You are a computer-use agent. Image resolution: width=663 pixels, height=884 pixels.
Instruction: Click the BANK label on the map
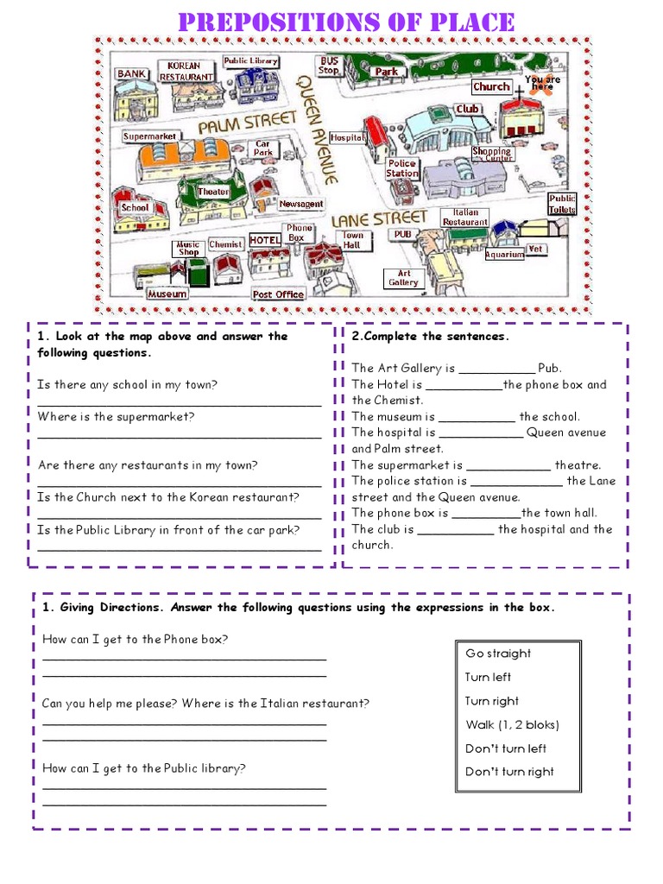131,74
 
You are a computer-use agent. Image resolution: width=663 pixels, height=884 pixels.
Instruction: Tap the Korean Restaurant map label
186,71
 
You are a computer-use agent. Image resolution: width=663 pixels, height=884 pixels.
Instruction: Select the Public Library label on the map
250,61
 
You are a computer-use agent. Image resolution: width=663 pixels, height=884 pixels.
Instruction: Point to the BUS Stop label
330,66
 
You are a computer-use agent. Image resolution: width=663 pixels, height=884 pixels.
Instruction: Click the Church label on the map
491,86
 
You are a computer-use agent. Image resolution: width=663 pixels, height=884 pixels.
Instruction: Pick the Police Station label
401,168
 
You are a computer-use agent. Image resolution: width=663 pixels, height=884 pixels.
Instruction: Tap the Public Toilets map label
562,204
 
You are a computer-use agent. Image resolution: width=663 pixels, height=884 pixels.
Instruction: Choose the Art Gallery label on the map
402,278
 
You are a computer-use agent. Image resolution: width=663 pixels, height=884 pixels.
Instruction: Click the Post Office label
278,294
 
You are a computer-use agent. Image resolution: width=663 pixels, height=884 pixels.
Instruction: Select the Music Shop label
188,249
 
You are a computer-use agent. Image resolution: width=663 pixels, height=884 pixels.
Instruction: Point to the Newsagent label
301,205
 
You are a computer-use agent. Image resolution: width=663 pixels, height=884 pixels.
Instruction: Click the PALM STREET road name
236,124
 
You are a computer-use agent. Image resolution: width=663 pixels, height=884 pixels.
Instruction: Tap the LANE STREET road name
379,218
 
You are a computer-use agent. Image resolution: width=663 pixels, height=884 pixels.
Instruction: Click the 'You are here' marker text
542,83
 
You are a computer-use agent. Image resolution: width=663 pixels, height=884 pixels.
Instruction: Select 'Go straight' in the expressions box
498,654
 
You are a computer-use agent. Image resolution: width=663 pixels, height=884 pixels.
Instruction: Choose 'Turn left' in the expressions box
488,677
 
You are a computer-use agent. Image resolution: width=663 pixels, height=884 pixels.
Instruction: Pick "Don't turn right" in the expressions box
509,772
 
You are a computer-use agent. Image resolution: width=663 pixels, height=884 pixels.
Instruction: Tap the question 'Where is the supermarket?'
117,416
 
